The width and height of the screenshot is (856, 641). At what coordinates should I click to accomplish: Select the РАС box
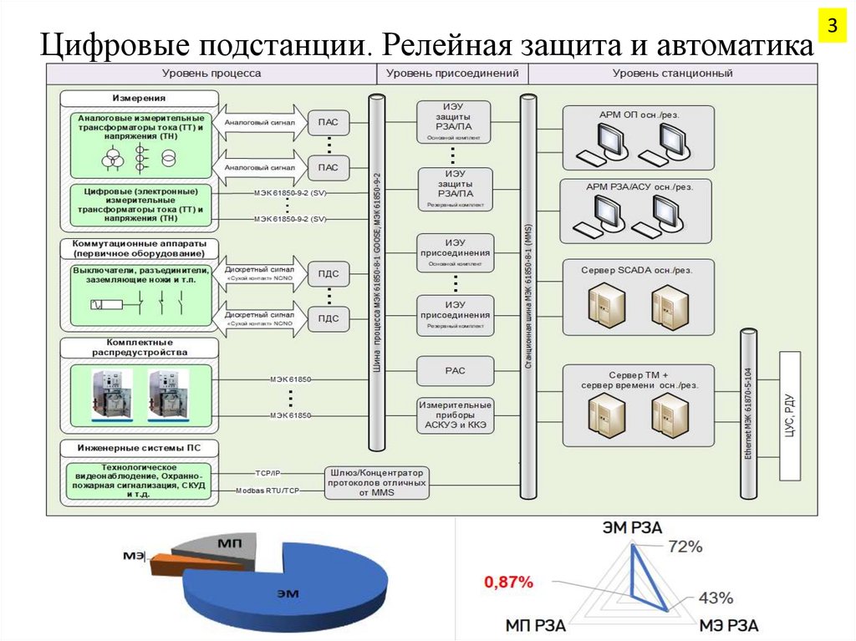[455, 368]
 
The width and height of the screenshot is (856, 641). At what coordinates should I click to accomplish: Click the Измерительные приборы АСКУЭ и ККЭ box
[455, 415]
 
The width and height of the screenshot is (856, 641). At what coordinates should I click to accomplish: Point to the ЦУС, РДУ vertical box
[790, 416]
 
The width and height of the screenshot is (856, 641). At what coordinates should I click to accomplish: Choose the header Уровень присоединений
[452, 74]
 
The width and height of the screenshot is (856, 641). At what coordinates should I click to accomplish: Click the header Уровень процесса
[211, 74]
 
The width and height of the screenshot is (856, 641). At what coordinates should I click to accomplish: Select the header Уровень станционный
[672, 74]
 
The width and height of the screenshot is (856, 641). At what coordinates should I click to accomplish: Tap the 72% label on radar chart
[685, 547]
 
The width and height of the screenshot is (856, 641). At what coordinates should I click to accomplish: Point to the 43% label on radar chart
[716, 598]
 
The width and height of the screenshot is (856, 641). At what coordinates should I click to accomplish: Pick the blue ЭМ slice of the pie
[284, 589]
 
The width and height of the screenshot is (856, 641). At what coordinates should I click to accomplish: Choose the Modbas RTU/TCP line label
[266, 491]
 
